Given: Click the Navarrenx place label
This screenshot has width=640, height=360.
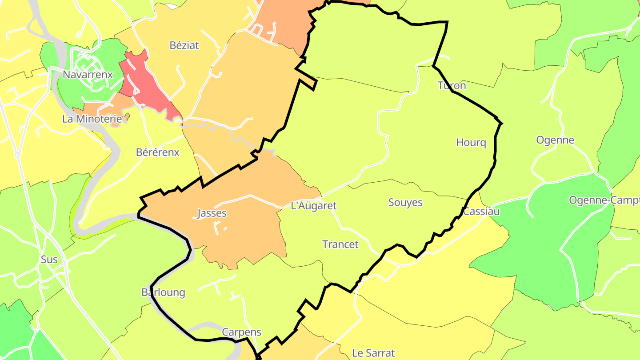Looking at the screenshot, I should (x=88, y=74).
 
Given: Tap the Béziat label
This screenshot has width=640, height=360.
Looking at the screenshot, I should (x=184, y=45).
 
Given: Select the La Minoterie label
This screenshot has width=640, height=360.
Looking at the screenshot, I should (x=92, y=119).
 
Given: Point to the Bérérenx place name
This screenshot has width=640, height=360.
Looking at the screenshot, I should (x=157, y=152).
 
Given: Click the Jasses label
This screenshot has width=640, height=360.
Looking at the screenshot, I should (x=212, y=213).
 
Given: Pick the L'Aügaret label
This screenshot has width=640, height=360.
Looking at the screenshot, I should (x=313, y=206).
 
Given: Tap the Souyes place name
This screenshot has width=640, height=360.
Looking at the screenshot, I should (x=405, y=203).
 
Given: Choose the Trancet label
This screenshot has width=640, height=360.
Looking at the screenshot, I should (x=340, y=244).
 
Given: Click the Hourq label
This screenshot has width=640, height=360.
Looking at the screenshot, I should (x=471, y=143).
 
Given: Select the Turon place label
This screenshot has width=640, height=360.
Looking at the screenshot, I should (x=452, y=85).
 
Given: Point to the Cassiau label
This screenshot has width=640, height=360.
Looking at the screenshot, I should (x=481, y=212).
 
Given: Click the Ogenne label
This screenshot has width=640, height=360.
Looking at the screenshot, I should (x=555, y=140).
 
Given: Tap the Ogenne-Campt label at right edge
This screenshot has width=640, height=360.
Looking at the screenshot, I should (x=604, y=200).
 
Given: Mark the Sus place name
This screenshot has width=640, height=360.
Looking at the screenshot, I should (x=49, y=259).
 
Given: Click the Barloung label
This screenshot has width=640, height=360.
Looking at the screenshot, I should (x=163, y=292).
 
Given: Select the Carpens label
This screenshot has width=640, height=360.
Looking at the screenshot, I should (x=241, y=332).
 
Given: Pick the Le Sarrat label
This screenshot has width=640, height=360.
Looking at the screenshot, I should (x=373, y=353).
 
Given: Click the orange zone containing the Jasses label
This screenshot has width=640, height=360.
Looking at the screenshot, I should (x=249, y=231).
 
